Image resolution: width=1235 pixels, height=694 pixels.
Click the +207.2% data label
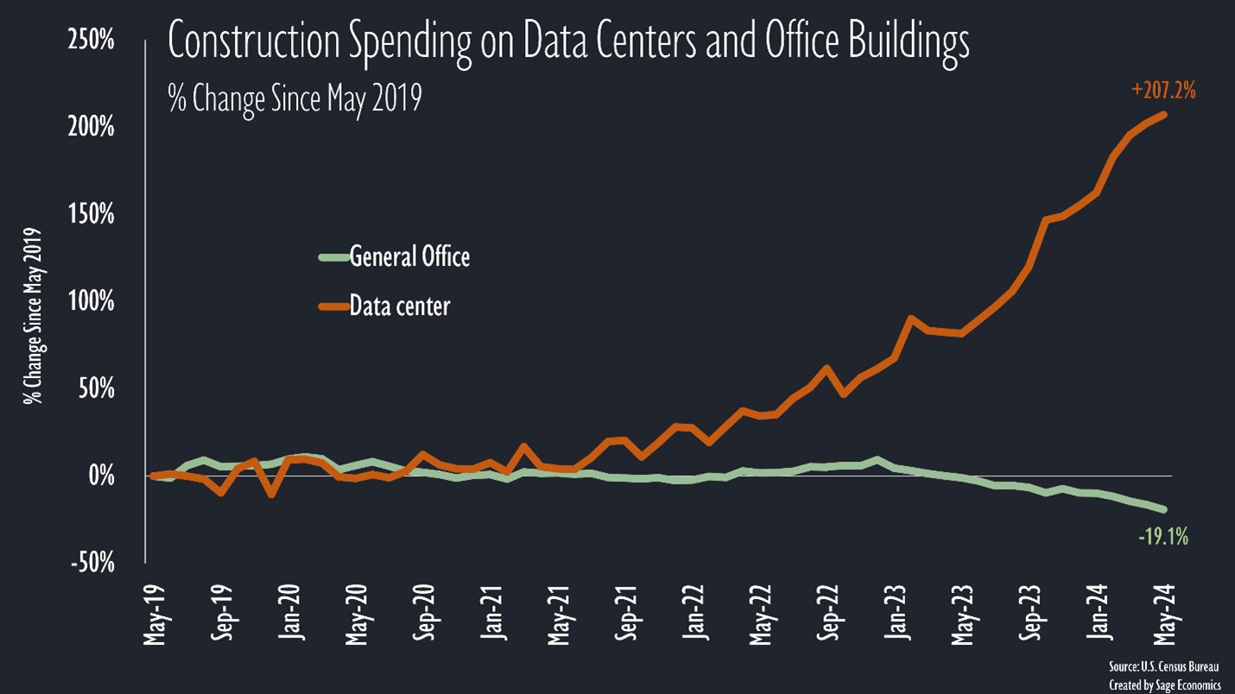tap(1163, 90)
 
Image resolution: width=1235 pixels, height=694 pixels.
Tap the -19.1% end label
tap(1162, 537)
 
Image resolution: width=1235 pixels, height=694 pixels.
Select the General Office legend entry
tap(408, 256)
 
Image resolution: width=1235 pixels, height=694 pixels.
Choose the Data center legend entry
tap(399, 305)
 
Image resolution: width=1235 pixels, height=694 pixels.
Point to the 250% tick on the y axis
tap(91, 41)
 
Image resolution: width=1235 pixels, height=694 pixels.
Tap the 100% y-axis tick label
tap(91, 302)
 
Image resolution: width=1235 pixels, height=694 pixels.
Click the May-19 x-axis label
tap(154, 614)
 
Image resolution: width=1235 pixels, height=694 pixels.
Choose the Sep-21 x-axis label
tap(628, 615)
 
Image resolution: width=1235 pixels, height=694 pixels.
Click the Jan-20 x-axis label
tap(289, 615)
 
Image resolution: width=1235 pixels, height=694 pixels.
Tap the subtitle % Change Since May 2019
tap(294, 98)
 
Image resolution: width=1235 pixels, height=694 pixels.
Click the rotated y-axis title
tap(33, 315)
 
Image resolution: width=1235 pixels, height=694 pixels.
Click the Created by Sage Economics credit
tap(1165, 684)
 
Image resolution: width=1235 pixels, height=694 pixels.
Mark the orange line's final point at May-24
tap(1164, 114)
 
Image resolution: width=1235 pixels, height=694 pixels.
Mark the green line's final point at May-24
tap(1164, 509)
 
